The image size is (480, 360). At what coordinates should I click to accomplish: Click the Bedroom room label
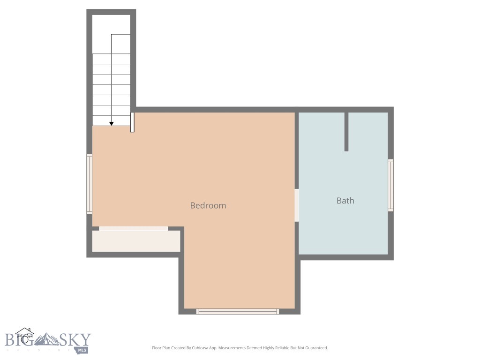pyautogui.click(x=208, y=205)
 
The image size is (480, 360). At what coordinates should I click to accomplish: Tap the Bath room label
pyautogui.click(x=345, y=201)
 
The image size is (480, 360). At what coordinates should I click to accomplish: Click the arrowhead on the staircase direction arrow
pyautogui.click(x=111, y=123)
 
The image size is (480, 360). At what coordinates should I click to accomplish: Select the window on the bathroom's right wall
pyautogui.click(x=390, y=185)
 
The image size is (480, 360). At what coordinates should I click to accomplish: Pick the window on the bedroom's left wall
pyautogui.click(x=89, y=184)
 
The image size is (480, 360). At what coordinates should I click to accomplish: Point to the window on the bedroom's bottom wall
pyautogui.click(x=238, y=311)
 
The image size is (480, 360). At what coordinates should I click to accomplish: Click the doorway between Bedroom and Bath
pyautogui.click(x=296, y=205)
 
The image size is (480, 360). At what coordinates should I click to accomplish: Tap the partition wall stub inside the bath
pyautogui.click(x=346, y=131)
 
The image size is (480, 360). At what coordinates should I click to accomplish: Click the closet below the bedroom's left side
pyautogui.click(x=136, y=241)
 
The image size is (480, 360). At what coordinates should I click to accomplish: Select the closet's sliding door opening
pyautogui.click(x=133, y=228)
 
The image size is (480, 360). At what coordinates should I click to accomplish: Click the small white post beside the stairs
pyautogui.click(x=132, y=122)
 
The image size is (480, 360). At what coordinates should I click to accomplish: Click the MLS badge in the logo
pyautogui.click(x=82, y=350)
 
